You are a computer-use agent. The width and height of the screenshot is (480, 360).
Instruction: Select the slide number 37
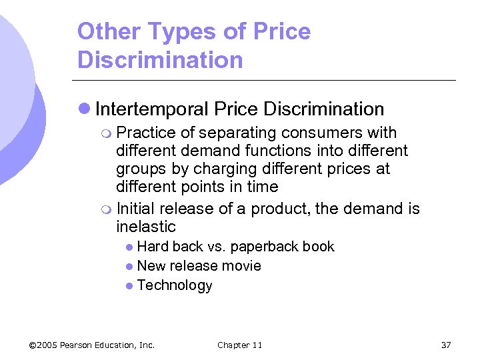446,345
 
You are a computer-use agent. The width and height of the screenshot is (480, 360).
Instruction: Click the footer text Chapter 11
240,345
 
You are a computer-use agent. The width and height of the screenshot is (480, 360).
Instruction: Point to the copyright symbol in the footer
33,345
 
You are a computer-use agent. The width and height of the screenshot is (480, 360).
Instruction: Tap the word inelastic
146,226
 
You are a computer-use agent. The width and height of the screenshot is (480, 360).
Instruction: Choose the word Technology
175,285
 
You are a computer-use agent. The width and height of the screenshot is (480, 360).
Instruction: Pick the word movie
243,266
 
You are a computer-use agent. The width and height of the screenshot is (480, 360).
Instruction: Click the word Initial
136,209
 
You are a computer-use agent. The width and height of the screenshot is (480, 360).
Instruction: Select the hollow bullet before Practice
107,133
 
